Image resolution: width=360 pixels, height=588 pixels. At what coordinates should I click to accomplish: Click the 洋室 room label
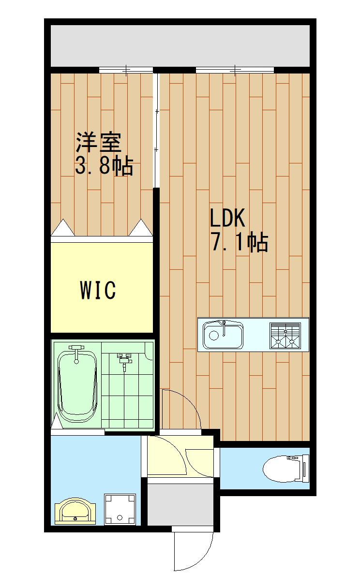click(x=99, y=143)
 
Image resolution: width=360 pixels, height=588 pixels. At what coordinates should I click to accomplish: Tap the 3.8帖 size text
click(x=104, y=166)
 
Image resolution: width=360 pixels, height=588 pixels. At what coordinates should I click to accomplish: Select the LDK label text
click(x=227, y=218)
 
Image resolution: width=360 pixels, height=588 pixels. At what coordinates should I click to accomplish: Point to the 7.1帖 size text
click(x=240, y=242)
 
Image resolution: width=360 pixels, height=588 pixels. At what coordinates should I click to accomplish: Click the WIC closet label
click(x=98, y=290)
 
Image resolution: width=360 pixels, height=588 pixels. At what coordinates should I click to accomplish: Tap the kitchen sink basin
click(x=223, y=336)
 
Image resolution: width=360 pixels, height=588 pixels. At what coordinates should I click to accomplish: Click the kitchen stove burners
click(x=285, y=336)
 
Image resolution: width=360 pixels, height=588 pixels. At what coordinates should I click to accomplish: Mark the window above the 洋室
click(x=126, y=70)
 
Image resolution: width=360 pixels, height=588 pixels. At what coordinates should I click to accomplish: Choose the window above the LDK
click(x=235, y=70)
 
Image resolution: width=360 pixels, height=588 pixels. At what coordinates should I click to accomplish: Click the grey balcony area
click(x=180, y=46)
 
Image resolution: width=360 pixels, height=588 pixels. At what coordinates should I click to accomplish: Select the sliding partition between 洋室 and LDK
click(x=156, y=131)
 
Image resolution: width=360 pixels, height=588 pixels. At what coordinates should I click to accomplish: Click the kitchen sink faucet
click(x=224, y=328)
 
